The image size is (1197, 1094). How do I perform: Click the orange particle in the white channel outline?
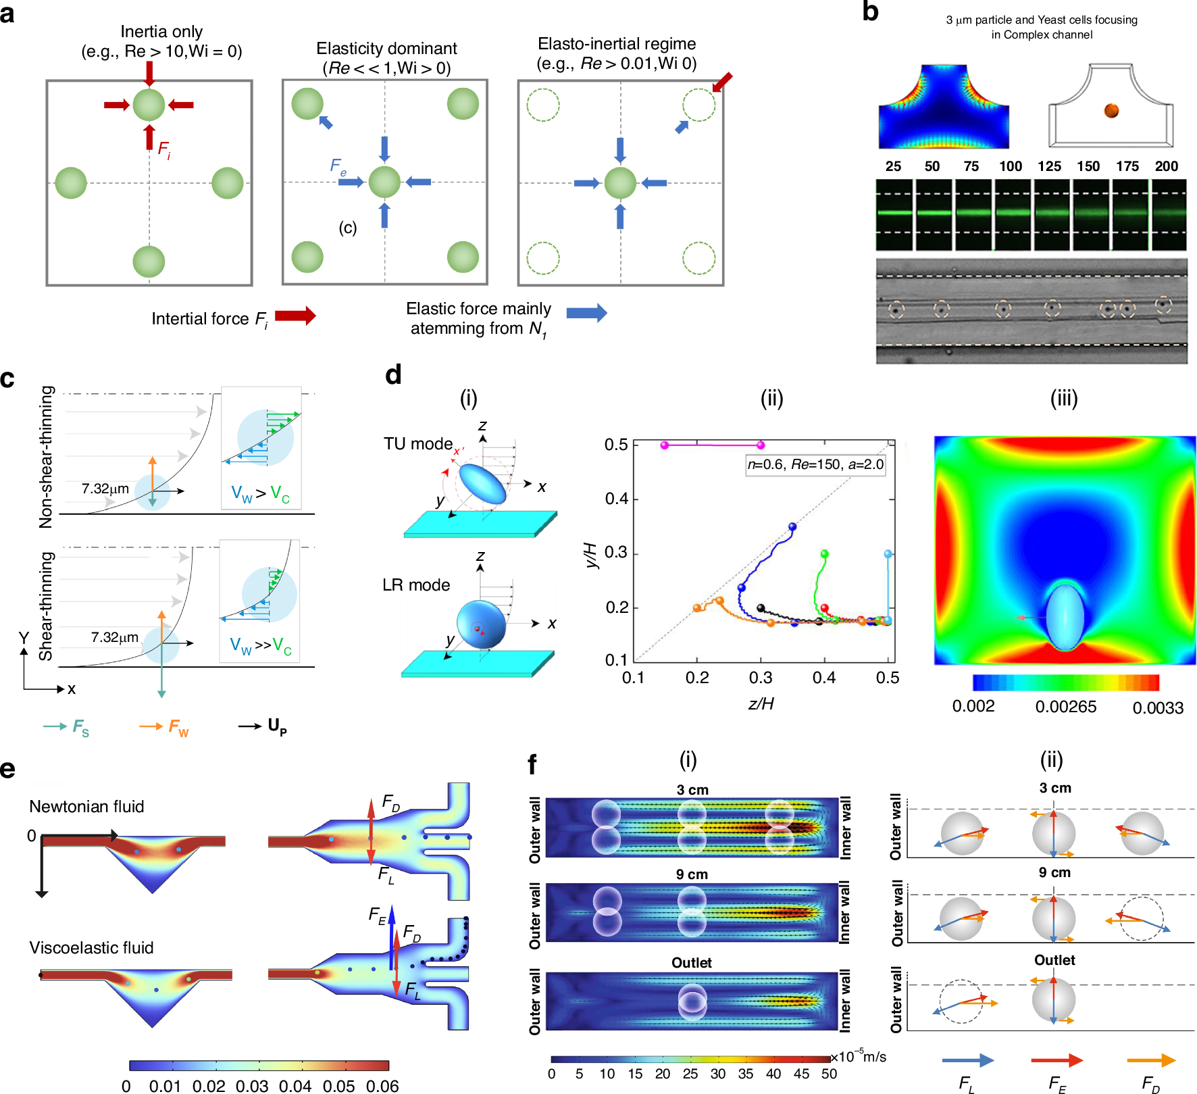(1111, 110)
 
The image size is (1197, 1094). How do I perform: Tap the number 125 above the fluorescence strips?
(1049, 166)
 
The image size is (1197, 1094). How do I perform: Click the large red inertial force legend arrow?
(295, 316)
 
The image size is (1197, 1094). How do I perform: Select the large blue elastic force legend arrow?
(586, 312)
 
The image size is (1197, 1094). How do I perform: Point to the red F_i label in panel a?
(164, 149)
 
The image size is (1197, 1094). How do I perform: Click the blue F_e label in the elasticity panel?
(338, 166)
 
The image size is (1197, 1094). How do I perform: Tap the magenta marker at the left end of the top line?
(665, 445)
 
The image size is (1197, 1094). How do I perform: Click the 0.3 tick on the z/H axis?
(761, 678)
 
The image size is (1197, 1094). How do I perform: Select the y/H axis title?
(590, 555)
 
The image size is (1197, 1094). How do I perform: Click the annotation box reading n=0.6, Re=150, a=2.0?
(815, 464)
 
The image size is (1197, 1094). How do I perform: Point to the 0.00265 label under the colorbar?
(1065, 707)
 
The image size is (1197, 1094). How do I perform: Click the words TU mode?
(418, 444)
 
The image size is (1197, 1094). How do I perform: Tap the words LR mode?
(416, 585)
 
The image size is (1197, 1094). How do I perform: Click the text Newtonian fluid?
(86, 806)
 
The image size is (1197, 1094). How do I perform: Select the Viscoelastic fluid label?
(91, 947)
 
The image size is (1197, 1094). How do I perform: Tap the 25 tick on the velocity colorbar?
(690, 1074)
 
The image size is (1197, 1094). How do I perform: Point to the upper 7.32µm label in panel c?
(105, 489)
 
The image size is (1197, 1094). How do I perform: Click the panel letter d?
(393, 374)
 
